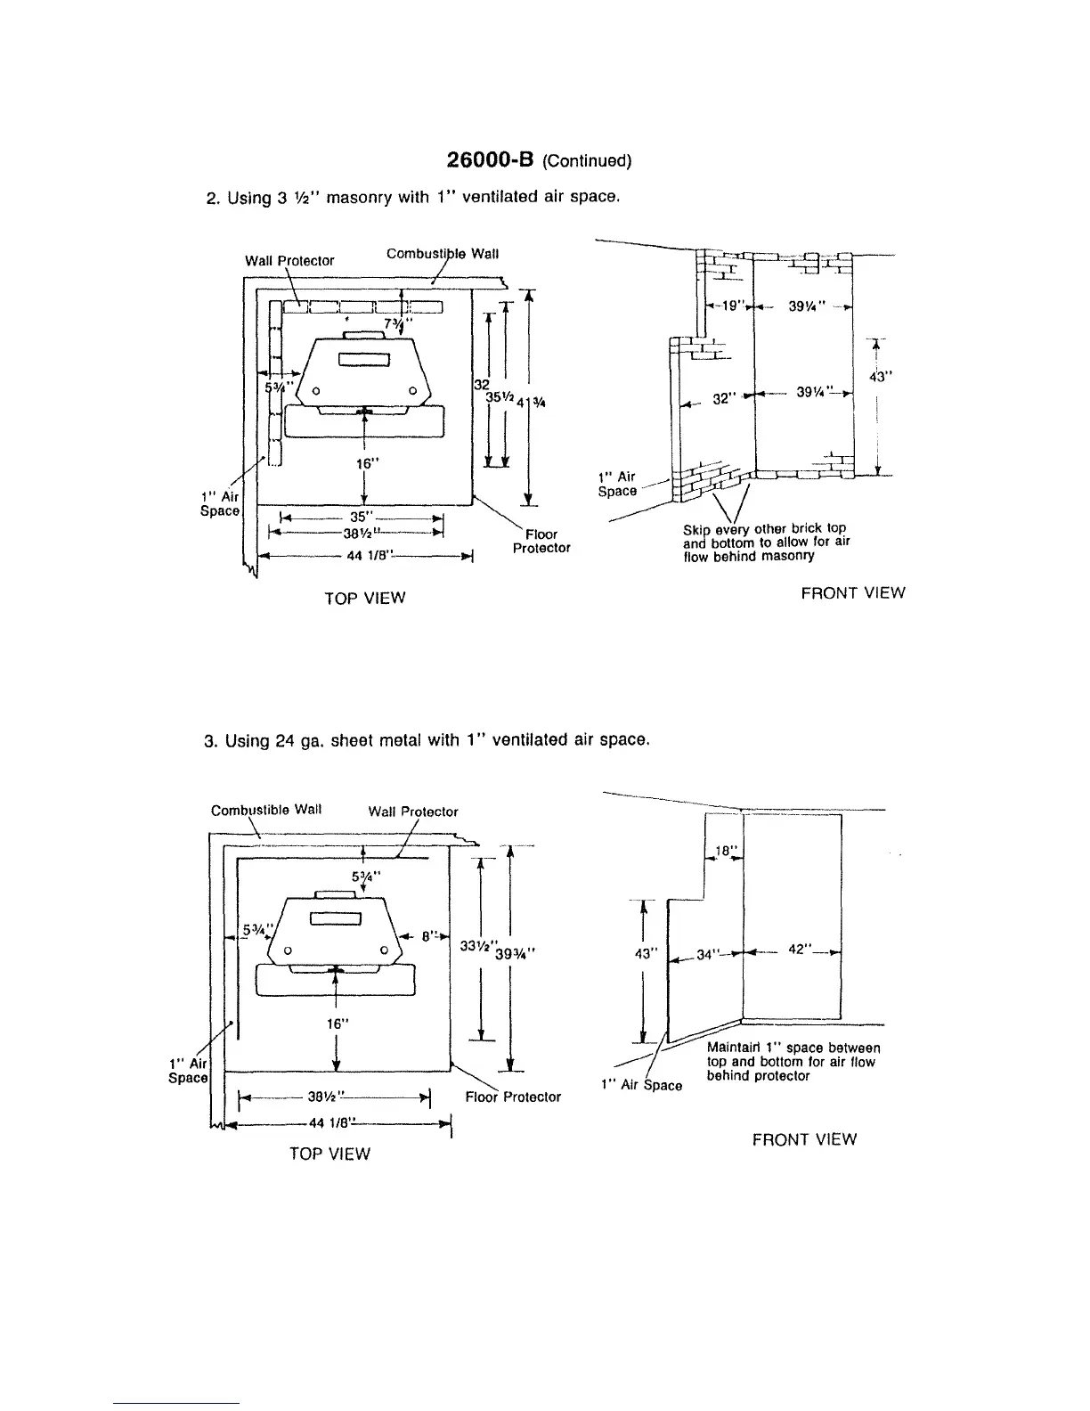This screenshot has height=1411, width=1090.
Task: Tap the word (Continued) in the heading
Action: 586,161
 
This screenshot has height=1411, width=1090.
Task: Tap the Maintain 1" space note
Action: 793,1062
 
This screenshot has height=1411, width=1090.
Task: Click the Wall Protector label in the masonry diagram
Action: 289,261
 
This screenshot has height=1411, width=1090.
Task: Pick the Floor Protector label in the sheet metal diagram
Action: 513,1097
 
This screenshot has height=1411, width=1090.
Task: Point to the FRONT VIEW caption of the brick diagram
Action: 852,593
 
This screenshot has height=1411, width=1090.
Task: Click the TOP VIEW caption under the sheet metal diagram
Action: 329,1154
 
